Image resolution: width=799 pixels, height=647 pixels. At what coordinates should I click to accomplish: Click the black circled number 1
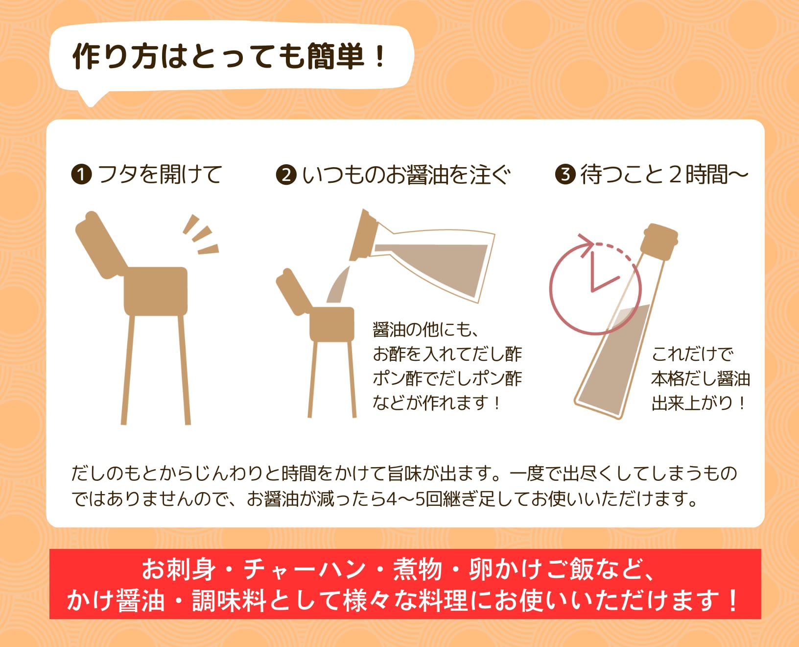pos(81,174)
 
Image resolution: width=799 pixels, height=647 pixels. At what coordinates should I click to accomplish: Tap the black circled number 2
pos(286,174)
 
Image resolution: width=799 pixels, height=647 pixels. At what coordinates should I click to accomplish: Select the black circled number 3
pos(565,174)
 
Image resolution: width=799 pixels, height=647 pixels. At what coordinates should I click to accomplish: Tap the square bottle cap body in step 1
pos(156,291)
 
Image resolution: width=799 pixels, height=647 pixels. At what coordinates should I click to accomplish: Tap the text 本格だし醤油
pos(700,379)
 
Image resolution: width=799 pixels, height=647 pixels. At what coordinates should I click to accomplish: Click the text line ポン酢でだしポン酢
pos(447,378)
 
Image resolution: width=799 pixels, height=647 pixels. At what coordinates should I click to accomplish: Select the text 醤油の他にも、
pos(425,329)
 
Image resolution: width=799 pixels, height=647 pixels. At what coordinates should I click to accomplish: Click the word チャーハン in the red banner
pos(304,570)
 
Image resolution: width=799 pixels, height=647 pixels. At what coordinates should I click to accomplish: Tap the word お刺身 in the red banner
pos(178,570)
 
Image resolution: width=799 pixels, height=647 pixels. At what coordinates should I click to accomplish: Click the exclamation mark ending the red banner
pos(733,601)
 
